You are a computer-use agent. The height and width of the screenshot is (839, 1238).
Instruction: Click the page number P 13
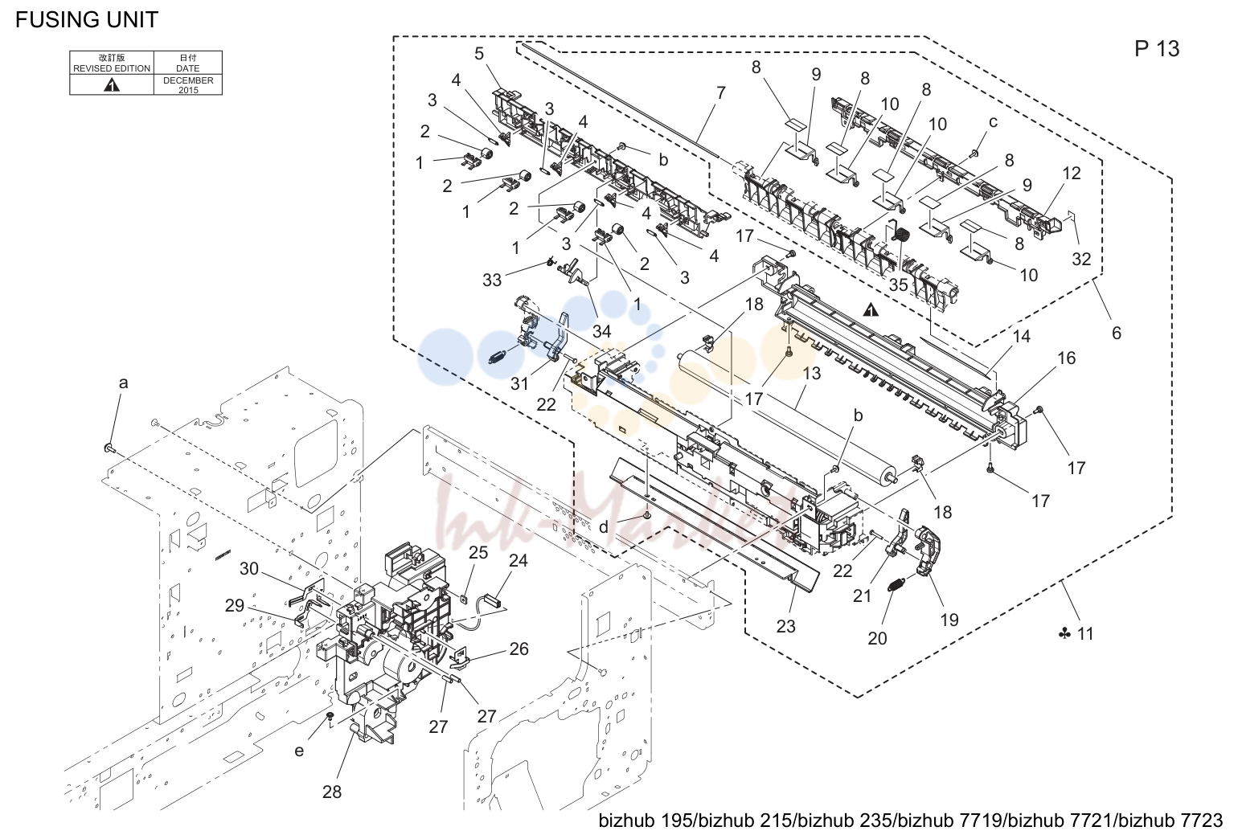pyautogui.click(x=1157, y=49)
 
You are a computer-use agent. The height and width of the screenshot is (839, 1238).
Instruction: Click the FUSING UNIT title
pyautogui.click(x=87, y=20)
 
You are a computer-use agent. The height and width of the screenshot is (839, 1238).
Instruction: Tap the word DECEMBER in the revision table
pyautogui.click(x=188, y=80)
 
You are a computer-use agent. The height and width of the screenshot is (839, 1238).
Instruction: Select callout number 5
pyautogui.click(x=478, y=54)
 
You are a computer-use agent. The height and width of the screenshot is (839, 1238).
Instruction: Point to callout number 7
pyautogui.click(x=720, y=92)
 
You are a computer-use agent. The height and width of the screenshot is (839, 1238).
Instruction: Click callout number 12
pyautogui.click(x=1071, y=174)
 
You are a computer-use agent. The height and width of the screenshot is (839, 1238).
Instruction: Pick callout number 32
pyautogui.click(x=1081, y=259)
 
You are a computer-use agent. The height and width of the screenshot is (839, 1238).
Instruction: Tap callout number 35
pyautogui.click(x=898, y=284)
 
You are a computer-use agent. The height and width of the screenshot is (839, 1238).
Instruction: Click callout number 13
pyautogui.click(x=811, y=374)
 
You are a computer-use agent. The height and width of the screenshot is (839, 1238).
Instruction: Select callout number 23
pyautogui.click(x=785, y=626)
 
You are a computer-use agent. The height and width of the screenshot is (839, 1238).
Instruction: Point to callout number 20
pyautogui.click(x=877, y=639)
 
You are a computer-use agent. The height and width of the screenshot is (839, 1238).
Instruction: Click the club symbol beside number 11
pyautogui.click(x=1064, y=634)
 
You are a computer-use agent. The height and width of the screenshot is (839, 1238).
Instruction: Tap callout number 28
pyautogui.click(x=331, y=792)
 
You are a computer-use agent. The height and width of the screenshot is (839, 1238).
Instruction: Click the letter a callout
pyautogui.click(x=123, y=383)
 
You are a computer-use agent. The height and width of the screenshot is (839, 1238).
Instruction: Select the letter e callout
pyautogui.click(x=299, y=751)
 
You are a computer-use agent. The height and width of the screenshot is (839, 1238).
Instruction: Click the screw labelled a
pyautogui.click(x=109, y=448)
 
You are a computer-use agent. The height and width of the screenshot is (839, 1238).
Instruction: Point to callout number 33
pyautogui.click(x=492, y=280)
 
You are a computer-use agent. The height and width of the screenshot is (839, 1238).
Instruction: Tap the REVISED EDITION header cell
pyautogui.click(x=112, y=63)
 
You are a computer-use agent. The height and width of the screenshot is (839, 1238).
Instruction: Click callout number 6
pyautogui.click(x=1116, y=333)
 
